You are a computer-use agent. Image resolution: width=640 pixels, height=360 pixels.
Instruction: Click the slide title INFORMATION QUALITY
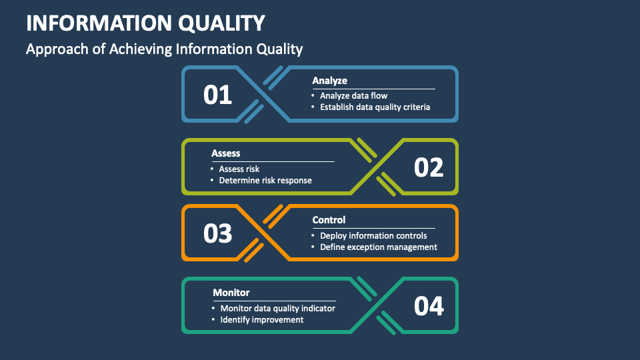(145, 23)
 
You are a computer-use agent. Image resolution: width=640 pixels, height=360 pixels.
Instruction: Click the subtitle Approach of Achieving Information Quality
(164, 49)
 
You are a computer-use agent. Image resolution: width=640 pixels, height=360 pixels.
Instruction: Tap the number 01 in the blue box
(217, 95)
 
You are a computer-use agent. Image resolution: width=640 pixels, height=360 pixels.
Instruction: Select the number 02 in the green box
(429, 167)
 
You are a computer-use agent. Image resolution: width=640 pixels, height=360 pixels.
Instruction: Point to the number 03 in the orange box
(217, 233)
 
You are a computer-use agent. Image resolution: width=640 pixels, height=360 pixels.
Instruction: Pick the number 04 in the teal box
(429, 306)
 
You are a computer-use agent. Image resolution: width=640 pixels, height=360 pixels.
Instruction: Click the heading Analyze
(330, 81)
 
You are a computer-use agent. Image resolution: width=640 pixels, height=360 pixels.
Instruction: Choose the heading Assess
(226, 153)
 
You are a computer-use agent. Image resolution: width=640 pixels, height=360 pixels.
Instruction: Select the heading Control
(329, 220)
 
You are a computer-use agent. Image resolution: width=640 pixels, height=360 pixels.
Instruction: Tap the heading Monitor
(231, 293)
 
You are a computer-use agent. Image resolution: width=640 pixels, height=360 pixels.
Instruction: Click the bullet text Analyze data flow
(353, 95)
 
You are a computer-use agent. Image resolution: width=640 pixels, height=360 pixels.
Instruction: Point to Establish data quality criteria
(375, 107)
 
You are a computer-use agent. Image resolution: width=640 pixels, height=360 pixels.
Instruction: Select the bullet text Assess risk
(239, 169)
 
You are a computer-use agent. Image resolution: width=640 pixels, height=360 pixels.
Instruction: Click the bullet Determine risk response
(265, 181)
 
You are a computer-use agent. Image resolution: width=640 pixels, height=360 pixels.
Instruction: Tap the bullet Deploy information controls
(373, 235)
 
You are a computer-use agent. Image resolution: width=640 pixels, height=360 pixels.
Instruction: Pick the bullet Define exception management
(379, 247)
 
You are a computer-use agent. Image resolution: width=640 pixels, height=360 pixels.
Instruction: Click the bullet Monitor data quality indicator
(277, 308)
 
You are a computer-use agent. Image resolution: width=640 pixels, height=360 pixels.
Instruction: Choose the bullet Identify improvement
(261, 319)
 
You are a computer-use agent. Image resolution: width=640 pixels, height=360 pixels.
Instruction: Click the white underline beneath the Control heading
(374, 228)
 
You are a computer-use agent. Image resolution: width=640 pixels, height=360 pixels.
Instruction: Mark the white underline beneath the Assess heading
(273, 161)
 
